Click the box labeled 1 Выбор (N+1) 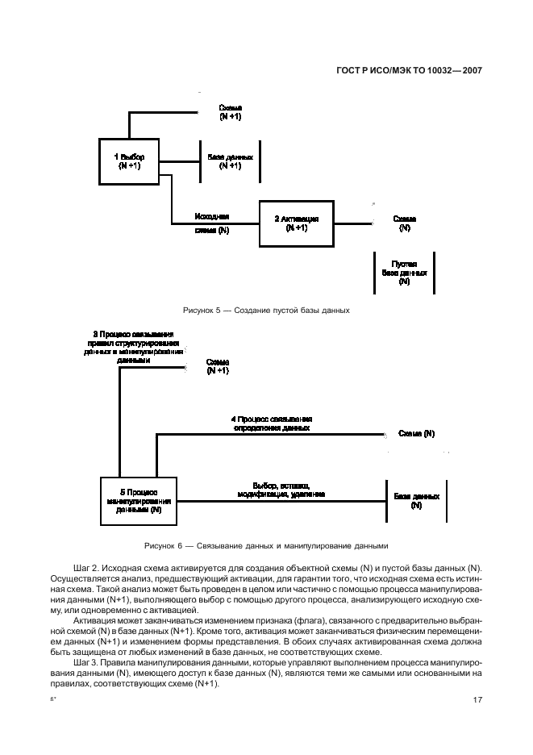128,161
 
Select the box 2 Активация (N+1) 296,223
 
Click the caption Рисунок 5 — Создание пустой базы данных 266,310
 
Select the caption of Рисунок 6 266,544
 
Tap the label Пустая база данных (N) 404,273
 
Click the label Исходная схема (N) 213,223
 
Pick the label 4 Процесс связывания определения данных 272,424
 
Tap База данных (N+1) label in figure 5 231,161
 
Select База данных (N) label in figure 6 416,501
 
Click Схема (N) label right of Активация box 404,223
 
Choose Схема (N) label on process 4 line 417,434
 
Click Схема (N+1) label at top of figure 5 231,112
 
